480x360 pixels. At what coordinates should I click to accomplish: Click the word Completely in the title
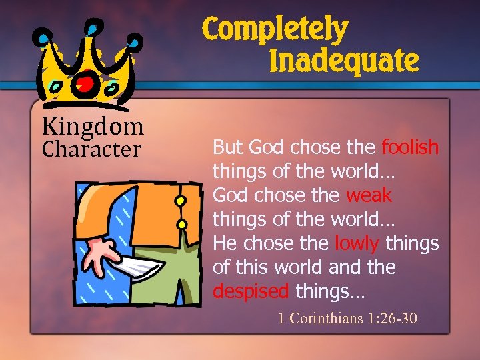coord(275,30)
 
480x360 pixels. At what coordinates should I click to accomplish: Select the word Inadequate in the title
coord(344,61)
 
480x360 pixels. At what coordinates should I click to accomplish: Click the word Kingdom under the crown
coord(93,125)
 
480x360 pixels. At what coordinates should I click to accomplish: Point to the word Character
coord(91,149)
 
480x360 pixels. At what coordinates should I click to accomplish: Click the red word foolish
coord(410,147)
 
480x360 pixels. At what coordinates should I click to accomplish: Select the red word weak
coord(369,195)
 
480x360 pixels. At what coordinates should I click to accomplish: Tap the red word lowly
coord(357,243)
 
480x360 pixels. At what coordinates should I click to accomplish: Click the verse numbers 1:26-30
coord(392,318)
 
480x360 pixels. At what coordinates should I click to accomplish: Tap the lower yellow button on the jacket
coord(181,223)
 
